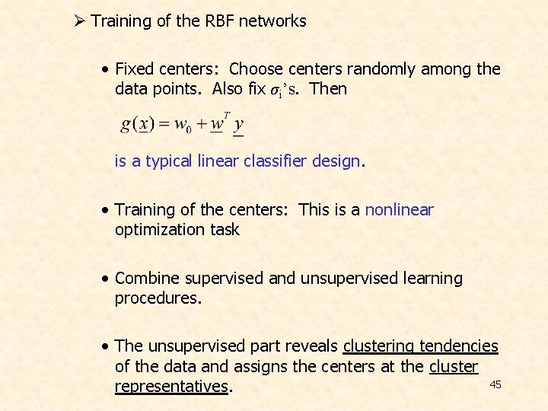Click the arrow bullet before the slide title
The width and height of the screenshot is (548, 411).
tap(80, 21)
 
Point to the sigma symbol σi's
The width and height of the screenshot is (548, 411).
tap(286, 89)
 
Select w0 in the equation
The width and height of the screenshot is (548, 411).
tap(182, 125)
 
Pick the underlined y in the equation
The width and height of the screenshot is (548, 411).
tap(238, 124)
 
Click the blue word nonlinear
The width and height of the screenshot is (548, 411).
tap(399, 210)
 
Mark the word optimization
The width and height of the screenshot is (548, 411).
tap(158, 230)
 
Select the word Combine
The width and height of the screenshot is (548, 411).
tap(145, 279)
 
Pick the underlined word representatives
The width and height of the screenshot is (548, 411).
tap(171, 387)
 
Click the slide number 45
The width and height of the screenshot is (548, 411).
tap(495, 385)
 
